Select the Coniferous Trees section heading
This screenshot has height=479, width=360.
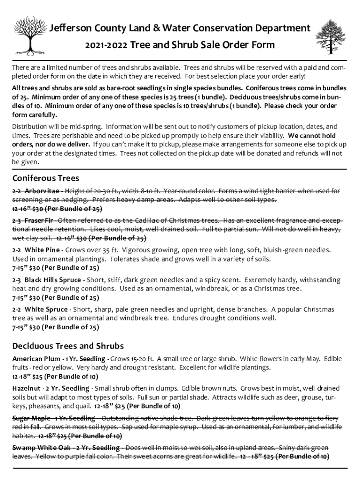tap(45, 178)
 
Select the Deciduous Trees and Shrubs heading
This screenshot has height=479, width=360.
tap(68, 346)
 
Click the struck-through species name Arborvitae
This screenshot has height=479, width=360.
tap(42, 191)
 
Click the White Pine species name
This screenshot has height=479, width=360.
tap(43, 250)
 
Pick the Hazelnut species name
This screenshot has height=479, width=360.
tap(28, 388)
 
